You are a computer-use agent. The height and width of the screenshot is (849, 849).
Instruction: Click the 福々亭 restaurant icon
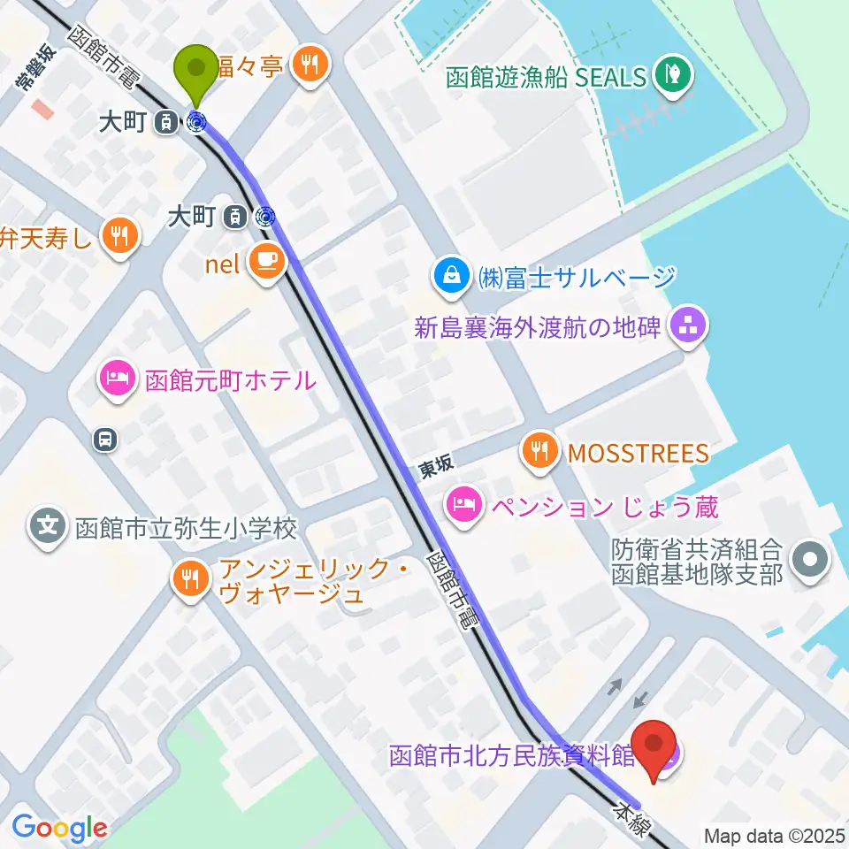point(311,65)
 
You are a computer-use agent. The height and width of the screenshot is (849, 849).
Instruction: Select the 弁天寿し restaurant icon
point(118,236)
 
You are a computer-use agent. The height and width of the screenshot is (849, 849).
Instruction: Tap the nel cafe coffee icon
point(266,260)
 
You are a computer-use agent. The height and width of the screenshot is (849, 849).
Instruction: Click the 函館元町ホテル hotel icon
point(118,380)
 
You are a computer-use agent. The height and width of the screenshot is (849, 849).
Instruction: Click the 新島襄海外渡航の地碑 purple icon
point(688,328)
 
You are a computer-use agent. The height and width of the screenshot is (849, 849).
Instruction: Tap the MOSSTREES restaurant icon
point(539,453)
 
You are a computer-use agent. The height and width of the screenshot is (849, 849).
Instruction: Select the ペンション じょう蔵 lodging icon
point(463,506)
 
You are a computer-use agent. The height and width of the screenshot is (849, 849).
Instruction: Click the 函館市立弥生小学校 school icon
point(48,529)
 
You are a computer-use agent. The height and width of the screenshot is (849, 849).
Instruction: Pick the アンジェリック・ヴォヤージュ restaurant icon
point(190,580)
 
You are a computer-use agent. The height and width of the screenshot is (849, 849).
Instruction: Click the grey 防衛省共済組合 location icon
point(810,561)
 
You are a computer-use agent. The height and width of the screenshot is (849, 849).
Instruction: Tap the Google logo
point(60,828)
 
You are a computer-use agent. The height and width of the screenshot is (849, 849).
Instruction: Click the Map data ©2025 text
point(774,835)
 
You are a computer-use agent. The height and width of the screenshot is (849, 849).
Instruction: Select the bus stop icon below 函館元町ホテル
point(105,439)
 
